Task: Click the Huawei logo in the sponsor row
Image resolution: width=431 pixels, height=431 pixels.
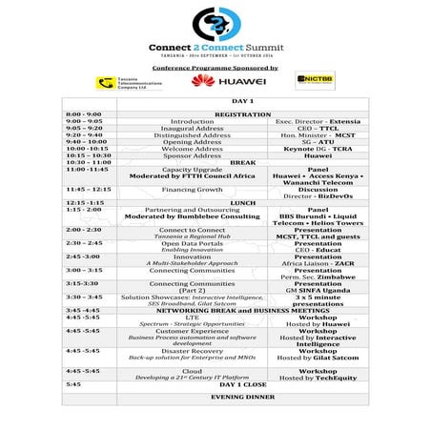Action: [215, 81]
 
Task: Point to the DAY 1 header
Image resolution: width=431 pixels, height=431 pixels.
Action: [215, 101]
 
